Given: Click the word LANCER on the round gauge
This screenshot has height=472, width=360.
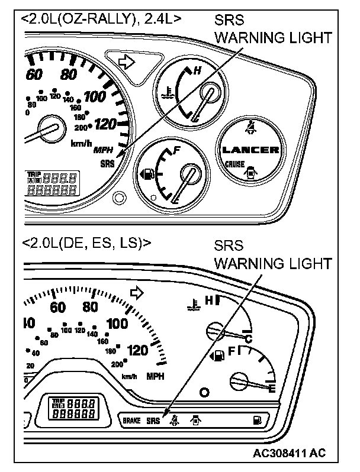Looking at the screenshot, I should tap(250, 150).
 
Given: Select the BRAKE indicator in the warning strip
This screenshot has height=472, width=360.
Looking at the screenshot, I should tap(131, 421).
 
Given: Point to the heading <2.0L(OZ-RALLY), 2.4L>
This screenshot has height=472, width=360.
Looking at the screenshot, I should tap(101, 18).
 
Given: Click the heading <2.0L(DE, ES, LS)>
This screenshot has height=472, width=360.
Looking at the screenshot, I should tap(86, 243).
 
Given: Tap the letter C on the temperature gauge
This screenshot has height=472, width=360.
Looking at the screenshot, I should tap(249, 338).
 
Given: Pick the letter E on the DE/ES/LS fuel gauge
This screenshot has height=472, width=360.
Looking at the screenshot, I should tap(272, 389).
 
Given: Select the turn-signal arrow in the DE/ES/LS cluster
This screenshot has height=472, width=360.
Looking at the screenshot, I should tap(137, 292).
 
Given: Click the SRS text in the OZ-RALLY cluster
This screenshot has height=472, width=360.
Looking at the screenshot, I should tap(108, 163).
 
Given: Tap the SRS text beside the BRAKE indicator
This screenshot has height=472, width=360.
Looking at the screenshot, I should tap(153, 421).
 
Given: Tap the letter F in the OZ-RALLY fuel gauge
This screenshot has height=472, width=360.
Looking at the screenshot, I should tap(176, 151).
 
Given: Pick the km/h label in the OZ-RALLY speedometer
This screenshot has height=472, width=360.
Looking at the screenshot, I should tap(81, 144).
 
